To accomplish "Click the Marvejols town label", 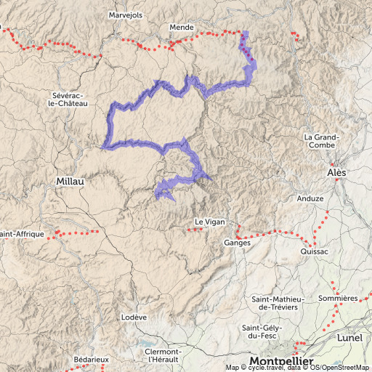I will coord(126,15).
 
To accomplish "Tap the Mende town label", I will coord(181,27).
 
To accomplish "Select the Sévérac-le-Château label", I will coord(70,100).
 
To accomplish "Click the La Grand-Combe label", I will coord(320,141).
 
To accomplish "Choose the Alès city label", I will coord(336,173).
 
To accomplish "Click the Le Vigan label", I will coord(207,222).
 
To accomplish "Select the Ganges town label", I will coord(237,243).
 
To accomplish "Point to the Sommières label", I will coord(337,299).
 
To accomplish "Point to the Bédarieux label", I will coord(91,359).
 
